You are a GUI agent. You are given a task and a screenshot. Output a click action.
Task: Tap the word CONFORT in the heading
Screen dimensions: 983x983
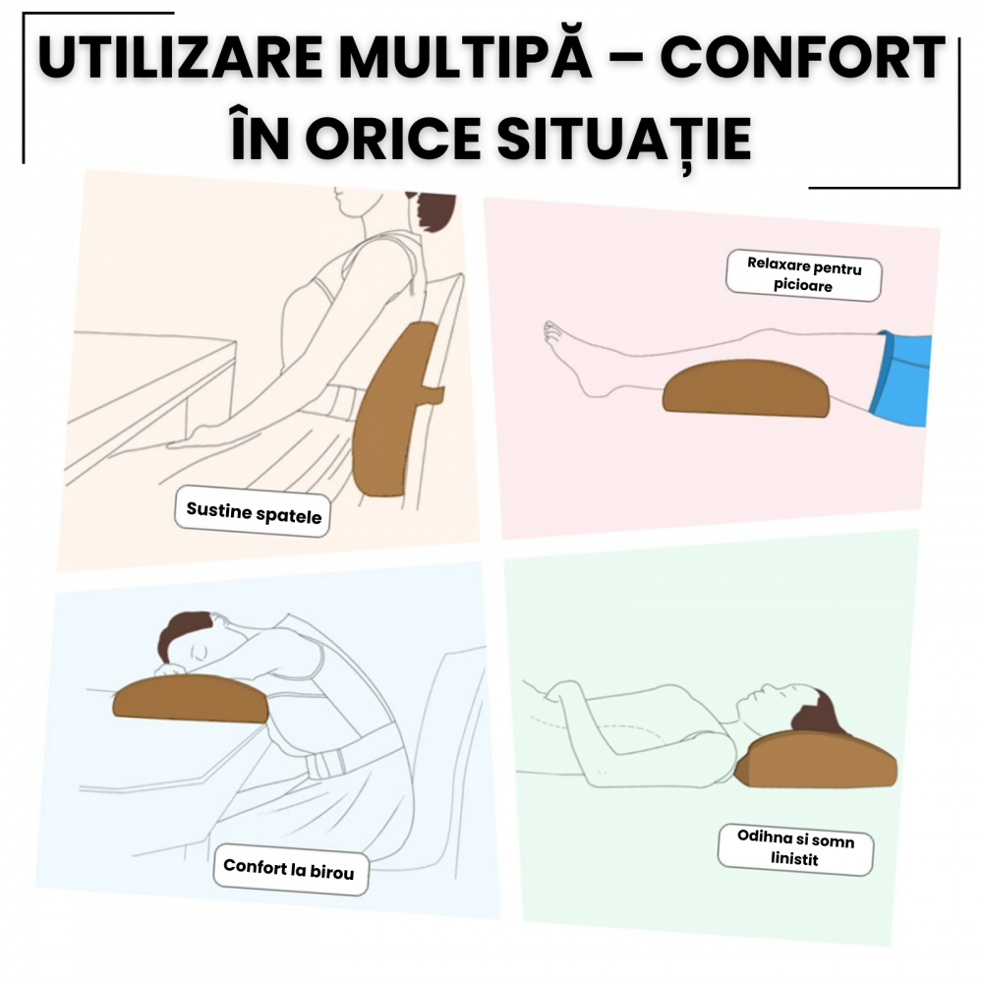click(x=802, y=58)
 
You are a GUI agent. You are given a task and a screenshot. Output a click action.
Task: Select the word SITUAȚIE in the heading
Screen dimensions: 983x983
click(x=624, y=140)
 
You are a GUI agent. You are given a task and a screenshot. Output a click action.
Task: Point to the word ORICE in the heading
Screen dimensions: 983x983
click(x=393, y=139)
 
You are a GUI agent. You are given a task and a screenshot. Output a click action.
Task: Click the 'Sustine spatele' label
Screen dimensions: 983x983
click(x=253, y=511)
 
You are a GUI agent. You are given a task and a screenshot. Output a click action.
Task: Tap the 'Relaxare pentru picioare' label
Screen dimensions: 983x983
click(x=804, y=276)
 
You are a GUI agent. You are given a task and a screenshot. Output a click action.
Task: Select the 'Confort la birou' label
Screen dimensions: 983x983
click(x=291, y=869)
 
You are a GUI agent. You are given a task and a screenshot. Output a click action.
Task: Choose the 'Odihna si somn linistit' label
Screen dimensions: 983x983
click(x=795, y=849)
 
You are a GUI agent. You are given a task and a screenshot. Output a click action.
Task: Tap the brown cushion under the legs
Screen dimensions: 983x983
click(x=746, y=388)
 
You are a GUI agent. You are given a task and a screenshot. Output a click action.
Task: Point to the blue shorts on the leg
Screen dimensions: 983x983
click(x=899, y=379)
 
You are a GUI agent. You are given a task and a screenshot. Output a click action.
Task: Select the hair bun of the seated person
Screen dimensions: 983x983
click(x=434, y=210)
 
